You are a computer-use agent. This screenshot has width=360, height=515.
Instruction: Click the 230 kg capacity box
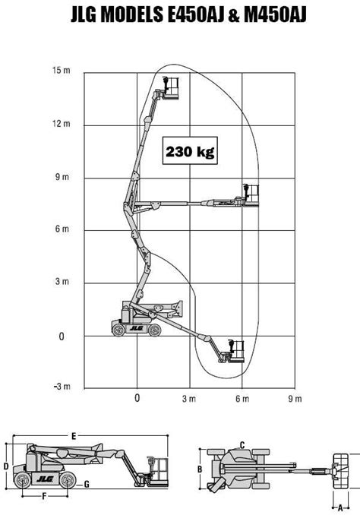(x=189, y=151)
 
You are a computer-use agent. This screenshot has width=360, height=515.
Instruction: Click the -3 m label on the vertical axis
(x=62, y=387)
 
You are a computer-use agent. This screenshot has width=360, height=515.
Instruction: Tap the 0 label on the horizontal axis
(x=137, y=398)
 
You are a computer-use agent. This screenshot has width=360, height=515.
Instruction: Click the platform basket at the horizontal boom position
(x=251, y=194)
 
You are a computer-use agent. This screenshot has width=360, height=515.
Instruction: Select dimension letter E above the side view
(x=73, y=436)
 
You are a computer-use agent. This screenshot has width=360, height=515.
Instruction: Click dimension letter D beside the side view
(x=5, y=465)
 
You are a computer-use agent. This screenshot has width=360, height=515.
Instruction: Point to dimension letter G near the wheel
(x=87, y=484)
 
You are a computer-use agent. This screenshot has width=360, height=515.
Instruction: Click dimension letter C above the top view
(x=242, y=444)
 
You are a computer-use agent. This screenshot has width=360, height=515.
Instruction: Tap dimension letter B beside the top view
(x=200, y=469)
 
